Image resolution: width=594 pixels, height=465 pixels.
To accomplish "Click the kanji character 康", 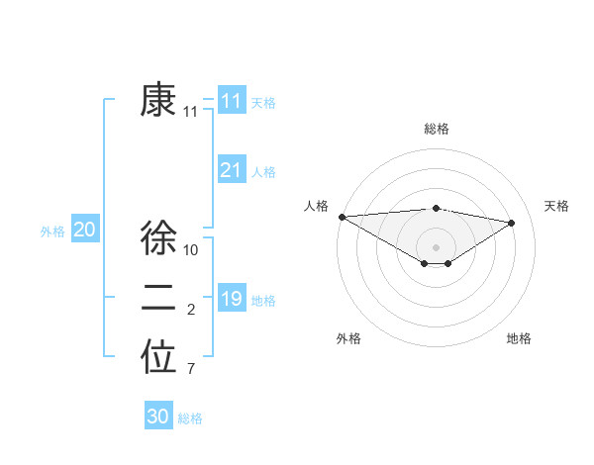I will [158, 100].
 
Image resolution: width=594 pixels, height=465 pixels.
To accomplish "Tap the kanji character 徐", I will [158, 237].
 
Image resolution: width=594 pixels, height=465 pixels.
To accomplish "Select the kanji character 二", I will [158, 298].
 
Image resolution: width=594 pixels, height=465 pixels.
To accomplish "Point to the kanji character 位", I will [158, 358].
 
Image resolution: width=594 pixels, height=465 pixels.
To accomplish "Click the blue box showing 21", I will [231, 170].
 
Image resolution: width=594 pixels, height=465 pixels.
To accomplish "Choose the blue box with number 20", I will [84, 230].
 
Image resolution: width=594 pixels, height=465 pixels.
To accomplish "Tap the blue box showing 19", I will [231, 299].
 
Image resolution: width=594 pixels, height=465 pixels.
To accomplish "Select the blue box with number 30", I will [158, 417].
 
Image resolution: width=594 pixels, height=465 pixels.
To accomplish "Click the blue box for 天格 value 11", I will [231, 101].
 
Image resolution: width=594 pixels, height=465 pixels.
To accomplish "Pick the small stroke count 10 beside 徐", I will [192, 250].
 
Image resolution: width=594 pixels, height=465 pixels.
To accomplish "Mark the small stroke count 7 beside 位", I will [190, 370].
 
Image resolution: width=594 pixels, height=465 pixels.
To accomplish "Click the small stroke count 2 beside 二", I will [190, 311].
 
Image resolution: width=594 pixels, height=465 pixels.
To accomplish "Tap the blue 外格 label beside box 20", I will [52, 232].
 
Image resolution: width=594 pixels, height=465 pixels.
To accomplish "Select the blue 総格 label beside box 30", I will [190, 418].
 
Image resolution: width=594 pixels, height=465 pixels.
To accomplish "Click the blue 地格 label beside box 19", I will [263, 301].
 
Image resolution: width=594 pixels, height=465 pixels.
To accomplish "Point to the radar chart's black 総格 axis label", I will [437, 129].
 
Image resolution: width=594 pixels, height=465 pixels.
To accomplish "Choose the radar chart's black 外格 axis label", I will [348, 338].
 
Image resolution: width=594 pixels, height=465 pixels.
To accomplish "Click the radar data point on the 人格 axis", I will [342, 217].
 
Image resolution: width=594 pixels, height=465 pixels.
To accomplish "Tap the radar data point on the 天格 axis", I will [512, 223].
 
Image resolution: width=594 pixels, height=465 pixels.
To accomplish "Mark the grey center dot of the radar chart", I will [436, 246].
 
